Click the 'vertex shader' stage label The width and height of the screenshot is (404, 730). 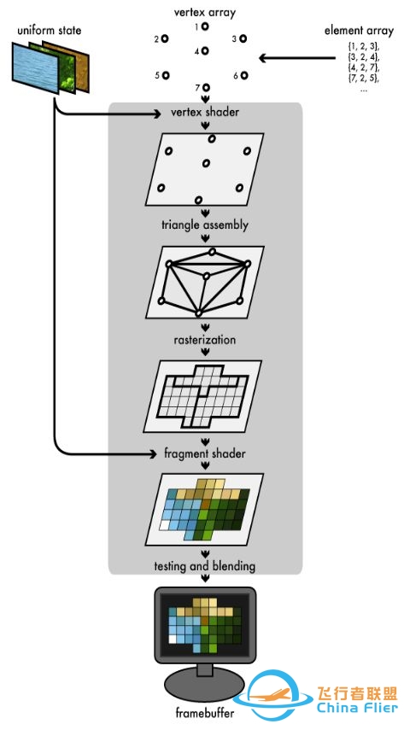[x=205, y=112]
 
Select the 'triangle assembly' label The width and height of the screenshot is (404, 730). [x=205, y=225]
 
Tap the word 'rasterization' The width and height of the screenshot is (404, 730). [x=205, y=340]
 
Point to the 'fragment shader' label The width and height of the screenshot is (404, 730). [x=205, y=453]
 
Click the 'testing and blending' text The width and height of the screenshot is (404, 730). [x=205, y=566]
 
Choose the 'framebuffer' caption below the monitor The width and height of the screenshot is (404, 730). [x=205, y=713]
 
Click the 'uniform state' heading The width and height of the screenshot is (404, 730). [x=50, y=31]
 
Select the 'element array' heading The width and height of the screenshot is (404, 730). [x=359, y=31]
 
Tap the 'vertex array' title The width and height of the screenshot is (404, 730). [x=205, y=12]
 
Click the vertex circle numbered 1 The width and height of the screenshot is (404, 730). [x=205, y=27]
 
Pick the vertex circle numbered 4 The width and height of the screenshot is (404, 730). [x=205, y=50]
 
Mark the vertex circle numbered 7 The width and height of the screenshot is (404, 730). [x=206, y=87]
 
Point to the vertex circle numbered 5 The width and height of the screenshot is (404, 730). [x=166, y=75]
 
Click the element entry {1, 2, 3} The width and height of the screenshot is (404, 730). [x=364, y=47]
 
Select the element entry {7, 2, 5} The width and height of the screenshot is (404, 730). [x=364, y=78]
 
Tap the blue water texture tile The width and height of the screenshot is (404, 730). [x=36, y=68]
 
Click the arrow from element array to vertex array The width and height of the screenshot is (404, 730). [x=297, y=58]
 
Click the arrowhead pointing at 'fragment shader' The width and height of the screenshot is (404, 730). [x=153, y=453]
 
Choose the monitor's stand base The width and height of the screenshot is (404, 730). [x=204, y=687]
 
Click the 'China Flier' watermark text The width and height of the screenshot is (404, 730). [x=357, y=707]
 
